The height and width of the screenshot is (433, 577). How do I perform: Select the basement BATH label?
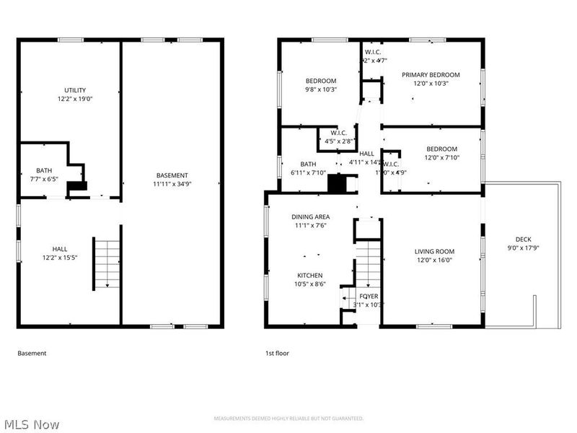click(44, 171)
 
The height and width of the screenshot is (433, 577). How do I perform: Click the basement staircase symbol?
click(107, 263)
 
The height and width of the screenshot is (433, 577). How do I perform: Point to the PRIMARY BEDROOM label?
click(431, 74)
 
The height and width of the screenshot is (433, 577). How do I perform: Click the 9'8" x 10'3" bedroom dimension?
click(321, 89)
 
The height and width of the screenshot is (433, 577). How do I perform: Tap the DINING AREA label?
click(311, 216)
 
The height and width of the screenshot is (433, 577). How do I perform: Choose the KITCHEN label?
click(310, 275)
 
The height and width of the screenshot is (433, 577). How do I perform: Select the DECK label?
click(524, 240)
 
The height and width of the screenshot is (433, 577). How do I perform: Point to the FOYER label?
click(369, 296)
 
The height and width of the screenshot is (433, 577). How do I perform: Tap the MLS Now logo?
click(32, 424)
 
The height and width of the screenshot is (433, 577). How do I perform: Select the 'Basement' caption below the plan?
click(32, 354)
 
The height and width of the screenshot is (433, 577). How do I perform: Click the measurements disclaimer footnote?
click(288, 419)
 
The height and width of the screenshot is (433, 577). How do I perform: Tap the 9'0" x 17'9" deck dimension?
click(524, 248)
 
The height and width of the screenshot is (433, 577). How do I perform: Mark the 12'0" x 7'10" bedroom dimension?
click(441, 157)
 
